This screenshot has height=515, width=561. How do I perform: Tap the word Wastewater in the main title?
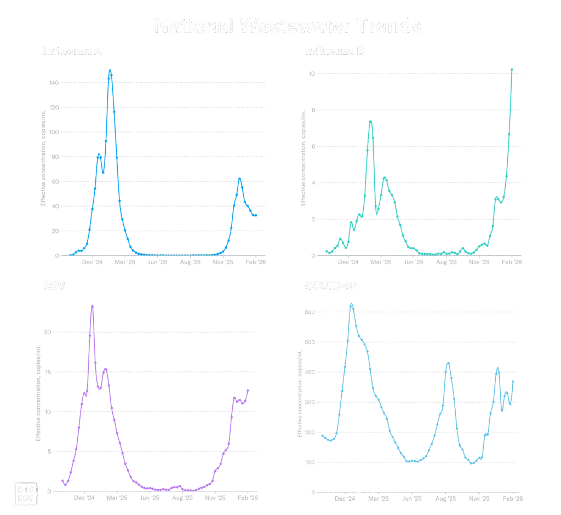click(x=290, y=26)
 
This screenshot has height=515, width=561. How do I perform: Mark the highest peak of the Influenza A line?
click(x=110, y=70)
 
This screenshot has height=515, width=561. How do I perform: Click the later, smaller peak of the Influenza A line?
click(x=239, y=178)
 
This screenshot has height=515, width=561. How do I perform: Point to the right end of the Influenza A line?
click(x=256, y=216)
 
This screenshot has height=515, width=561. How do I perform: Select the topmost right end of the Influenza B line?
click(x=512, y=69)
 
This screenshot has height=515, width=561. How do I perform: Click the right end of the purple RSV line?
click(x=249, y=390)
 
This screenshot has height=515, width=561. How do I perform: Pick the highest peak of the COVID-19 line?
click(x=352, y=304)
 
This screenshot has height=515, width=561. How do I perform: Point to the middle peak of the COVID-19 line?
click(x=448, y=363)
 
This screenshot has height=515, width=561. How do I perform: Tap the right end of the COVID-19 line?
click(x=514, y=380)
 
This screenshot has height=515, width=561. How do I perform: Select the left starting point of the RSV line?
click(x=63, y=481)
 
